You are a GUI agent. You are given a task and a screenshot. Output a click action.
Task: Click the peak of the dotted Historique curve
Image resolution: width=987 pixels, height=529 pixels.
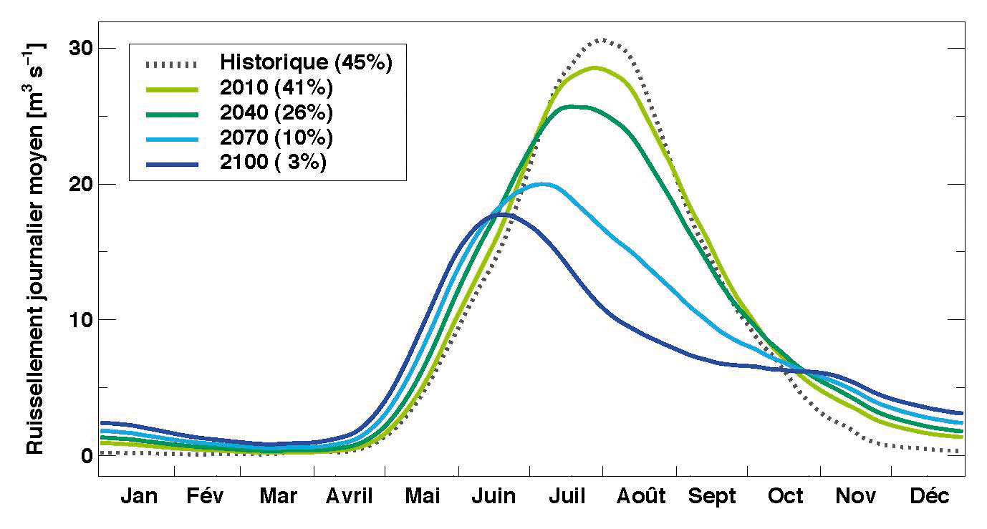click(x=602, y=40)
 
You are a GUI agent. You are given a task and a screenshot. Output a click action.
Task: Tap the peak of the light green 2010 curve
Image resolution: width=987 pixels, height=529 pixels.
click(x=594, y=68)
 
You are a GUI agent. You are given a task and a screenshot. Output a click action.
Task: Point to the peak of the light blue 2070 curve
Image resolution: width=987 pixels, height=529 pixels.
click(x=544, y=184)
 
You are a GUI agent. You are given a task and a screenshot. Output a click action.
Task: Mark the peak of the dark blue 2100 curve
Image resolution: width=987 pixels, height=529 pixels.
click(x=502, y=214)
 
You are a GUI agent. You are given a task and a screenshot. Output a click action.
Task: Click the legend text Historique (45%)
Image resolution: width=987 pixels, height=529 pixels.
click(x=306, y=62)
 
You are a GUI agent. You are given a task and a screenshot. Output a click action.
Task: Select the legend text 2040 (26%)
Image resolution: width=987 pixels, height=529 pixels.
click(x=276, y=112)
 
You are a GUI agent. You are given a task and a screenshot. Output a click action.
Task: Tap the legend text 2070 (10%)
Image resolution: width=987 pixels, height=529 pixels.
click(x=276, y=137)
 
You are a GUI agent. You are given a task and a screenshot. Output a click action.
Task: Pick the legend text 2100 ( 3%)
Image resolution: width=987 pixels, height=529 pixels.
click(x=274, y=162)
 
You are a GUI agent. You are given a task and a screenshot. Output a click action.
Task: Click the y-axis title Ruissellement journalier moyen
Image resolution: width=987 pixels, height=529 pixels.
click(x=36, y=247)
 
